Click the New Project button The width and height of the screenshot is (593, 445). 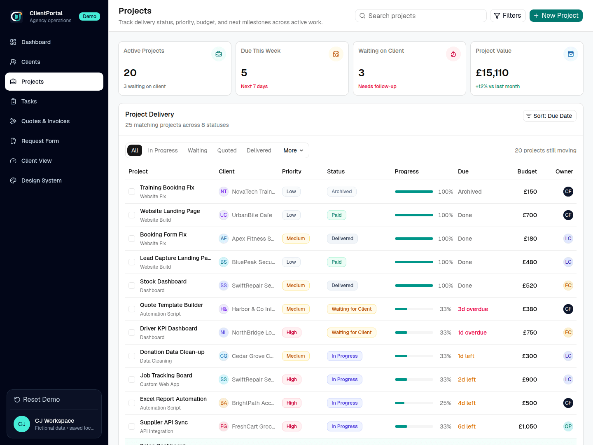coord(556,16)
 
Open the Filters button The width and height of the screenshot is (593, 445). coord(508,16)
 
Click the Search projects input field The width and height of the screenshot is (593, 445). coord(420,16)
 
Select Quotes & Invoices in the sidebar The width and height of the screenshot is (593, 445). coord(45,121)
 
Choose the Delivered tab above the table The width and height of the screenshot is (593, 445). coord(259,150)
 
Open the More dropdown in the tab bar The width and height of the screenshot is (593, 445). coord(293,150)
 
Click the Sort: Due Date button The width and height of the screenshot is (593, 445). coord(549,116)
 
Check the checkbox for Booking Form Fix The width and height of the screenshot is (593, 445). coord(132,239)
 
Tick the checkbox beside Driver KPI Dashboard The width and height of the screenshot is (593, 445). coord(132,333)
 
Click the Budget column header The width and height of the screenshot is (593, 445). coord(527,171)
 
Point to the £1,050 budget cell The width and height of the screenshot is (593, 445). coord(528,426)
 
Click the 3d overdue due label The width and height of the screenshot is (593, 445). coord(473,309)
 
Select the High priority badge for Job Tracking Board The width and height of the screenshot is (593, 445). coord(292,379)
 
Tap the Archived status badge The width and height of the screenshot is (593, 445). coord(341,192)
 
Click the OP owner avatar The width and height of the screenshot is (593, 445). coord(568,426)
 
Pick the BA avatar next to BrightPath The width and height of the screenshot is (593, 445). coord(224,403)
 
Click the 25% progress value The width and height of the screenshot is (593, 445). coord(445,403)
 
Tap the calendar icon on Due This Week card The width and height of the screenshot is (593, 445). coord(336,54)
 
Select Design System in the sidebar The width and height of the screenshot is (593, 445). coord(41,180)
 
